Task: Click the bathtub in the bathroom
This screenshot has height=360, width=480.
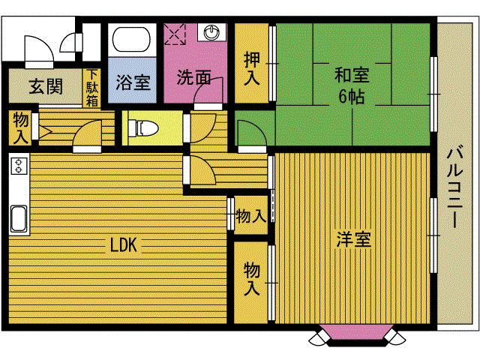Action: (132, 40)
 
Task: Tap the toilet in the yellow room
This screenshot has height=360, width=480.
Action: (143, 128)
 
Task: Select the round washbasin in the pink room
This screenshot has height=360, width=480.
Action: (211, 32)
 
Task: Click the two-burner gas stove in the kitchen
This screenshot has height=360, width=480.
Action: (19, 165)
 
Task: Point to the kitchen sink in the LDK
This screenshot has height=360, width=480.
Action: (19, 218)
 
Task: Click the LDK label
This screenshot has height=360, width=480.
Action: (123, 245)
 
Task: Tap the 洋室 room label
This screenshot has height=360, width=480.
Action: (353, 239)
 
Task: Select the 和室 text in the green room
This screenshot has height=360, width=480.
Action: (352, 75)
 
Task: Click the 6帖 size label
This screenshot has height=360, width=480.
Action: (352, 97)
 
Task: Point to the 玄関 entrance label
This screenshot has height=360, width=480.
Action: (46, 86)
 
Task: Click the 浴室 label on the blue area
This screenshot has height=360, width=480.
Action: (133, 82)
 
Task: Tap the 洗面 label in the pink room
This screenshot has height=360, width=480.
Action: (193, 77)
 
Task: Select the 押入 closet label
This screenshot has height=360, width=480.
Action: (252, 68)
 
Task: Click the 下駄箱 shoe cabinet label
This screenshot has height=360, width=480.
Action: (91, 88)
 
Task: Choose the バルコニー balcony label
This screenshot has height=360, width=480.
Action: (454, 187)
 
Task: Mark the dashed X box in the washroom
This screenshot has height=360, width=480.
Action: (175, 34)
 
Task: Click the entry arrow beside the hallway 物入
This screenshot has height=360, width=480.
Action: (46, 132)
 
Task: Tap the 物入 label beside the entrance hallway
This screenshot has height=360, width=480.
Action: (20, 128)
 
